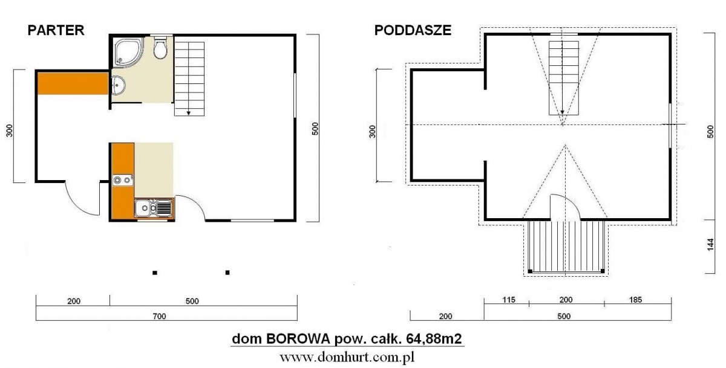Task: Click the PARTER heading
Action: click(56, 30)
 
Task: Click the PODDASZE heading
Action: click(413, 30)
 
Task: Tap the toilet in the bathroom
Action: click(160, 48)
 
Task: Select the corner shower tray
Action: click(129, 52)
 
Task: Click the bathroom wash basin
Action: click(118, 85)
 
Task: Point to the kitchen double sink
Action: click(153, 208)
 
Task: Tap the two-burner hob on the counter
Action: click(123, 179)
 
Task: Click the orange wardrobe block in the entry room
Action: click(73, 83)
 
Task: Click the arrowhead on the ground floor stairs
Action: click(189, 113)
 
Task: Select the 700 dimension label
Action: click(159, 316)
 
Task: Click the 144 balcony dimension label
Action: click(710, 244)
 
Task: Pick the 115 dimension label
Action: click(509, 300)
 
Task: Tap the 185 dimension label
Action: click(635, 300)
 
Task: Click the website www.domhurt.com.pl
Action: click(347, 357)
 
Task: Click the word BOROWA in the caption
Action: click(298, 339)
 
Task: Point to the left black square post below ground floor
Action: click(155, 273)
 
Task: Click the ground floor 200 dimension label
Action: click(74, 302)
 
